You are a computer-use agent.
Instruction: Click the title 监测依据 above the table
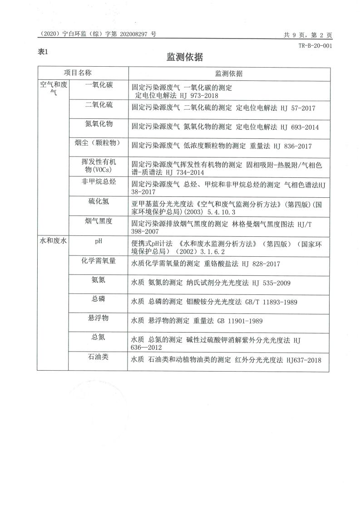coord(184,57)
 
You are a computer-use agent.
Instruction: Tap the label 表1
coord(43,52)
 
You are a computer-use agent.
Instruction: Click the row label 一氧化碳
coord(99,85)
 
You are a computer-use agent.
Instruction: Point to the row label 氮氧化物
coord(99,124)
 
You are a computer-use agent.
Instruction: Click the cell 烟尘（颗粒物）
coord(99,143)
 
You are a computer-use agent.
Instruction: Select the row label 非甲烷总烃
coord(99,182)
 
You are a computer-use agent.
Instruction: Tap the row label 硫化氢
coord(99,201)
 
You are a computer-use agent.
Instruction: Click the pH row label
coord(99,240)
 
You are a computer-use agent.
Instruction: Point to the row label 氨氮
coord(99,279)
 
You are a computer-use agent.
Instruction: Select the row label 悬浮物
coord(99,318)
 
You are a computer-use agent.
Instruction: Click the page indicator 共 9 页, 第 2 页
coord(308,34)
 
